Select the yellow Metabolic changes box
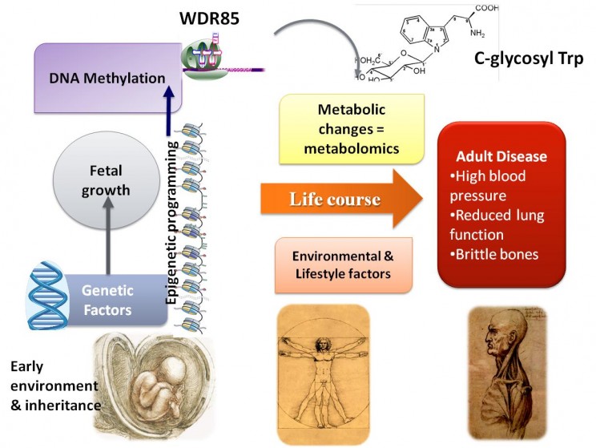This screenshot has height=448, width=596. tap(352, 128)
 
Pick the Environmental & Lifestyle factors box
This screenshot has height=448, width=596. tap(343, 264)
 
